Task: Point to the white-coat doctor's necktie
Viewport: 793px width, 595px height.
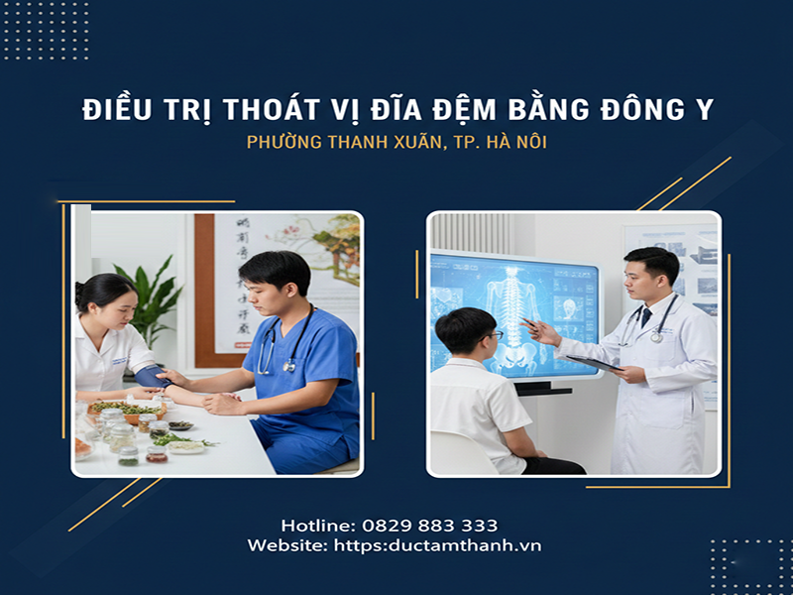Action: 645,317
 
